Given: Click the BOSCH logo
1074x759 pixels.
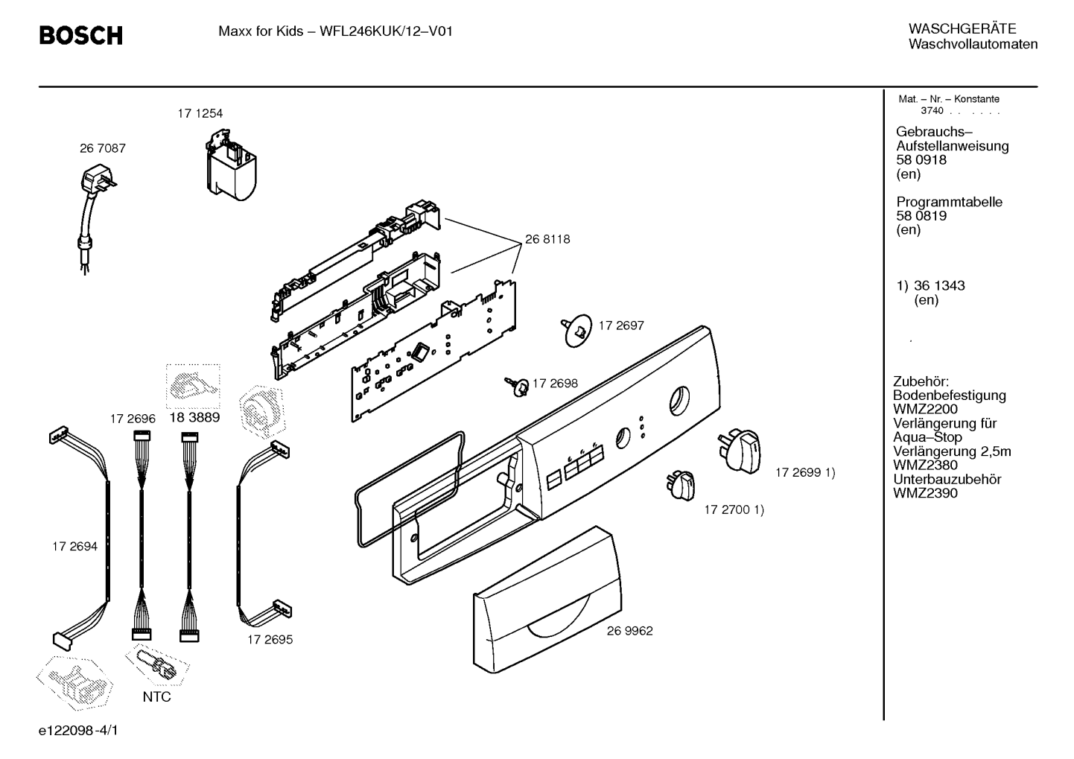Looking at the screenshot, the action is point(80,36).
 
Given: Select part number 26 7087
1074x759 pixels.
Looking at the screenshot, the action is point(103,149).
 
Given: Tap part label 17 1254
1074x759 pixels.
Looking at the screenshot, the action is point(200,114).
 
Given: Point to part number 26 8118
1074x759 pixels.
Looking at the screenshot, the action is point(547,239).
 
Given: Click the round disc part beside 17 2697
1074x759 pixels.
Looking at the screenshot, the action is point(576,331).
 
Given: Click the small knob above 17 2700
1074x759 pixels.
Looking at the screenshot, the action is point(680,485).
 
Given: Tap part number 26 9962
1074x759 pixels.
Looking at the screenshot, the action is point(629,631).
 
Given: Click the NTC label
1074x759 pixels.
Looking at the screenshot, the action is point(157,696).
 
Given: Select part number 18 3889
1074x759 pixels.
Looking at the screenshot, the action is point(194,418).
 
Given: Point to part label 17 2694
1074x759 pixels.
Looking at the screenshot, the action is point(74,546).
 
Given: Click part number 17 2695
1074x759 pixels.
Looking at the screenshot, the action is point(270,640).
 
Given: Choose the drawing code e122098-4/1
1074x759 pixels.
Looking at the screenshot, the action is point(78,731).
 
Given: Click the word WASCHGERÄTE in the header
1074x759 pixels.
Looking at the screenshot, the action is point(962,29).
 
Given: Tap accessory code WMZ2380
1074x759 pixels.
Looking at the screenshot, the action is point(925,465).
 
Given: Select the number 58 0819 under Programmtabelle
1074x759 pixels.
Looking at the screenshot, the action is point(921,216).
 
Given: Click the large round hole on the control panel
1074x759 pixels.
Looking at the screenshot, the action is point(679,401).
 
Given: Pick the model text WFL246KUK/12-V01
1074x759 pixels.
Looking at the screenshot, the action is point(386,31).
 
